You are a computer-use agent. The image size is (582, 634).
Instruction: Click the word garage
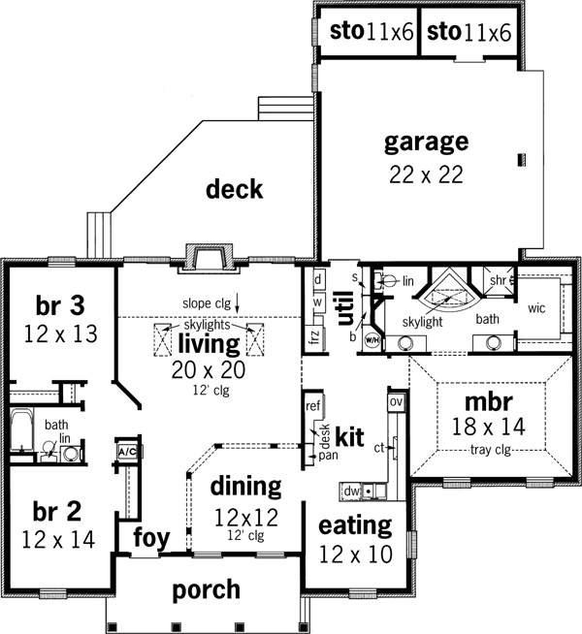(427, 143)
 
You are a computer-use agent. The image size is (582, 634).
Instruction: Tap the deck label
(234, 189)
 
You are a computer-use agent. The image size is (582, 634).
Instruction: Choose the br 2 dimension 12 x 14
(58, 539)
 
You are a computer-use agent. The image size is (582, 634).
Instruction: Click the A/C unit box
(126, 453)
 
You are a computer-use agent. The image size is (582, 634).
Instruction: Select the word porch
(207, 588)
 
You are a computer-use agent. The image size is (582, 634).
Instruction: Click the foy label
(150, 538)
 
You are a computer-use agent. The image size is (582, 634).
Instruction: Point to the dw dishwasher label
(351, 491)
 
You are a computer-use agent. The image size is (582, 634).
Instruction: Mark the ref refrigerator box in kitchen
(313, 404)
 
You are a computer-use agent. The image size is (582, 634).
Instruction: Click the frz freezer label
(313, 339)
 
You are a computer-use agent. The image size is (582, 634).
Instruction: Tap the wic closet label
(537, 309)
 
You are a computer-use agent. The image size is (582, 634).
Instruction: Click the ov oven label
(395, 401)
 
